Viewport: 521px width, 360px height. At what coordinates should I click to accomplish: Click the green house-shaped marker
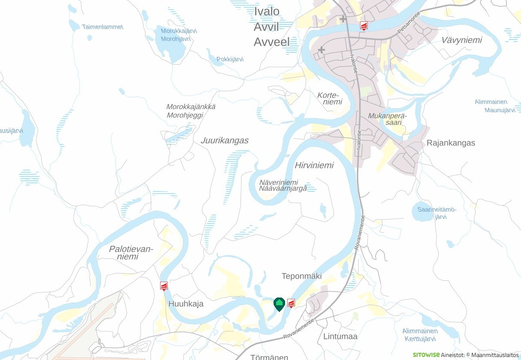click(279, 304)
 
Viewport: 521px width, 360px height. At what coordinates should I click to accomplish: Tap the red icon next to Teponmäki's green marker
click(291, 303)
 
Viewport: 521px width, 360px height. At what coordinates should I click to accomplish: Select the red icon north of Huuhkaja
click(164, 286)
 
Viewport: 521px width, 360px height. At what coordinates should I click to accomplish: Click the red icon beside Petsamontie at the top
click(363, 26)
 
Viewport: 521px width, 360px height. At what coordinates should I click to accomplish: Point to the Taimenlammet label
click(102, 27)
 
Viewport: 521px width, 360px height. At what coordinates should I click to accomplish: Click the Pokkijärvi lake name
click(230, 60)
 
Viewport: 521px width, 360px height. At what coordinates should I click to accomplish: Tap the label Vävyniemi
click(461, 40)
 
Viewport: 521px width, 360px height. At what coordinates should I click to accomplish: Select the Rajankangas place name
click(451, 143)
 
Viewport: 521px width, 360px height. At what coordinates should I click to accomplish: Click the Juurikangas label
click(224, 141)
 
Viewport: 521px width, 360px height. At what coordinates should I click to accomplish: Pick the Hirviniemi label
click(314, 166)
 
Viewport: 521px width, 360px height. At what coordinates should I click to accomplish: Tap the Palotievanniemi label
click(131, 253)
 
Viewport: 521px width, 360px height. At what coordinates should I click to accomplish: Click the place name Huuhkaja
click(186, 304)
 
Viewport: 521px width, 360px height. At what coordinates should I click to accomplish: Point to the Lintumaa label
click(340, 336)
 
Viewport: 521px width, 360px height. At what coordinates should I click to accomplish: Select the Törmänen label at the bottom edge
click(269, 357)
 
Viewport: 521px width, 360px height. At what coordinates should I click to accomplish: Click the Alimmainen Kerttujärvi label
click(420, 335)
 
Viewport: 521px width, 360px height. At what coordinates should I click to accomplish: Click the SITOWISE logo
click(426, 355)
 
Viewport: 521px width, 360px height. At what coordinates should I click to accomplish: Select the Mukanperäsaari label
click(387, 119)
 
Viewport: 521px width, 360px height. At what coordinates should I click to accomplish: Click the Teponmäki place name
click(301, 276)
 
